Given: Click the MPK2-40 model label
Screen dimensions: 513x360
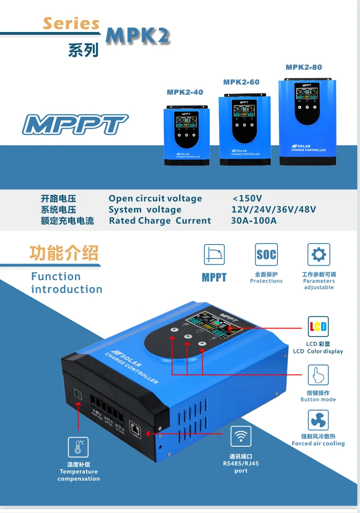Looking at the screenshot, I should tap(185, 92).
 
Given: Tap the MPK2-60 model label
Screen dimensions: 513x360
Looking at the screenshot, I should tap(241, 82).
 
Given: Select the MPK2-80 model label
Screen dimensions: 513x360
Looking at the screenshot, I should tap(304, 67).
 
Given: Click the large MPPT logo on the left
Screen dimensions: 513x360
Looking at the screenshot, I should tap(75, 124).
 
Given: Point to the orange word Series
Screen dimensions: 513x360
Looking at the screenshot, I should tap(71, 23).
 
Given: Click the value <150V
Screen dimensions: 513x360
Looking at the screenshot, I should tap(247, 199).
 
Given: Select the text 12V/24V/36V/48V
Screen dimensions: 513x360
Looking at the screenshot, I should tap(273, 210).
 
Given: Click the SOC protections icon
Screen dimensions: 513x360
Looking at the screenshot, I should tap(266, 254).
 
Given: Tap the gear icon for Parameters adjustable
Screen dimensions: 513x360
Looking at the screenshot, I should tap(318, 254).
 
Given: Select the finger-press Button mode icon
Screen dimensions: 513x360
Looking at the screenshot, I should tap(318, 375).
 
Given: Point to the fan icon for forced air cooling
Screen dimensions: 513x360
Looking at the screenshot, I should tap(318, 420).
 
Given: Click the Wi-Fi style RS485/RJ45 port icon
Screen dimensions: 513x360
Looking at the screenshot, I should tap(241, 436).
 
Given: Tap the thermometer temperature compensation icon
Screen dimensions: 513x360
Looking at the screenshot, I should tap(78, 447).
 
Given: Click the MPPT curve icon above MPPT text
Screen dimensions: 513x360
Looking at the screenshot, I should tap(214, 255).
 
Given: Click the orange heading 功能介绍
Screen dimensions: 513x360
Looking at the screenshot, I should tap(64, 254).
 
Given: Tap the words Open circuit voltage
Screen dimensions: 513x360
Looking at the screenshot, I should tap(155, 199).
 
